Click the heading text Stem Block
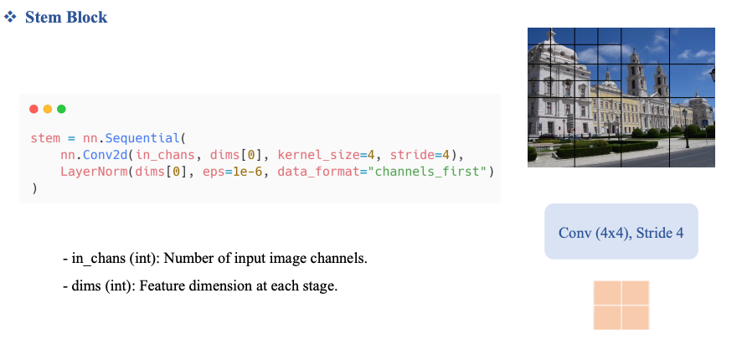pyautogui.click(x=66, y=18)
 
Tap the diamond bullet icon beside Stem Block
pyautogui.click(x=10, y=18)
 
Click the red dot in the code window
pyautogui.click(x=33, y=110)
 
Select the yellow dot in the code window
pyautogui.click(x=48, y=110)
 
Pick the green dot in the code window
pyautogui.click(x=61, y=110)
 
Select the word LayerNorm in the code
pyautogui.click(x=94, y=172)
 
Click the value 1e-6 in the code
pyautogui.click(x=248, y=172)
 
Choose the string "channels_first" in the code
pyautogui.click(x=430, y=172)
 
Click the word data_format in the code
pyautogui.click(x=318, y=172)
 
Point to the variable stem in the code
pyautogui.click(x=45, y=139)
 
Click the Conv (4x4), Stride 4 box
pyautogui.click(x=621, y=231)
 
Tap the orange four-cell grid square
pyautogui.click(x=621, y=305)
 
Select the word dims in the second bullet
pyautogui.click(x=82, y=286)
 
